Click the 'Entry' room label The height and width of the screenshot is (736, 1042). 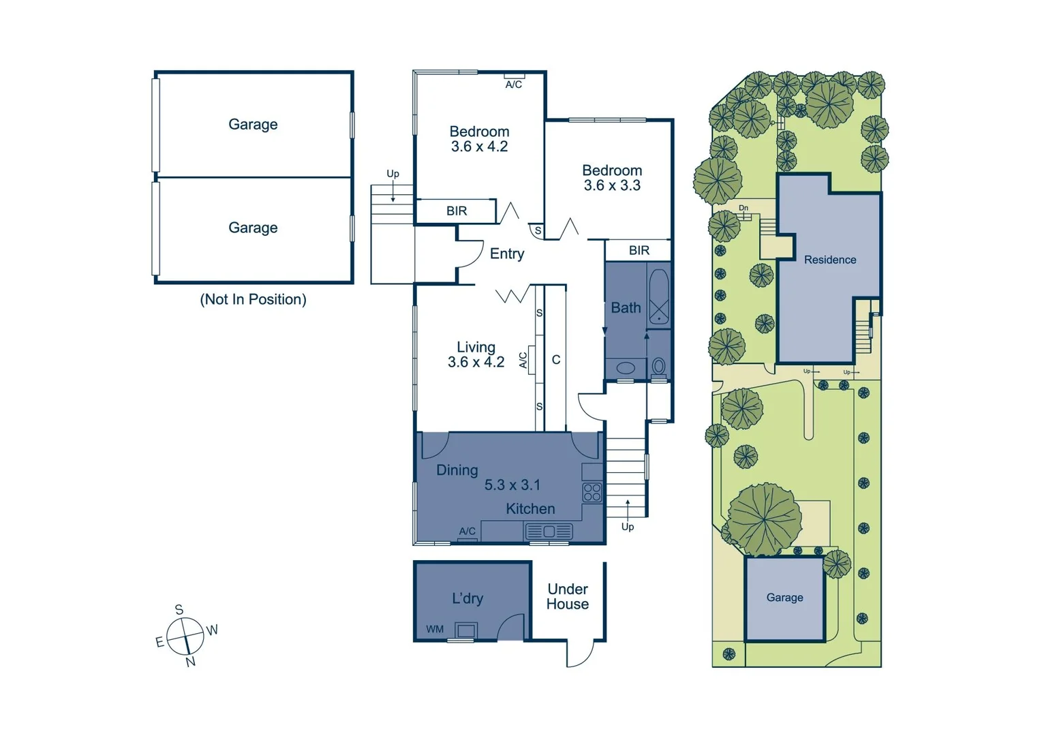pyautogui.click(x=507, y=254)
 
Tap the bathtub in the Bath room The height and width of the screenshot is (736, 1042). pyautogui.click(x=659, y=297)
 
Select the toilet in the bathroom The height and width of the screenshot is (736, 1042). pyautogui.click(x=658, y=367)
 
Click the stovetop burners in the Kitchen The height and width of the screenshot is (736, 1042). pyautogui.click(x=592, y=492)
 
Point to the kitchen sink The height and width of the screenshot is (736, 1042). pyautogui.click(x=549, y=531)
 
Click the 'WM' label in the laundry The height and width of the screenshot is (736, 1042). pyautogui.click(x=435, y=629)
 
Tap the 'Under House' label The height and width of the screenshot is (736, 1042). pyautogui.click(x=568, y=596)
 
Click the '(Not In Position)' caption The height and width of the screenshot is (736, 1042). pyautogui.click(x=253, y=299)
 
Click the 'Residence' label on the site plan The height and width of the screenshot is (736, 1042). pyautogui.click(x=829, y=260)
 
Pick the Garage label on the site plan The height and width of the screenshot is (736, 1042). pyautogui.click(x=784, y=598)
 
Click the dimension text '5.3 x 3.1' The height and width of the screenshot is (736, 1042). pyautogui.click(x=512, y=485)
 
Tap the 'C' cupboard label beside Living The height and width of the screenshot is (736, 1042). pyautogui.click(x=556, y=359)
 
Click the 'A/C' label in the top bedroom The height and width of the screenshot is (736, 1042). pyautogui.click(x=514, y=85)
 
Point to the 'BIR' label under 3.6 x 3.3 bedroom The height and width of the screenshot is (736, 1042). pyautogui.click(x=639, y=251)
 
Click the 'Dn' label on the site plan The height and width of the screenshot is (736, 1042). pyautogui.click(x=744, y=208)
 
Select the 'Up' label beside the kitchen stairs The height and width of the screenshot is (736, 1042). pyautogui.click(x=628, y=527)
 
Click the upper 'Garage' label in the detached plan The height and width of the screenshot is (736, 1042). pyautogui.click(x=253, y=124)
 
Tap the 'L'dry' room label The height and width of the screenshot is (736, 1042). pyautogui.click(x=468, y=598)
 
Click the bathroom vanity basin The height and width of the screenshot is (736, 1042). pyautogui.click(x=626, y=368)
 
